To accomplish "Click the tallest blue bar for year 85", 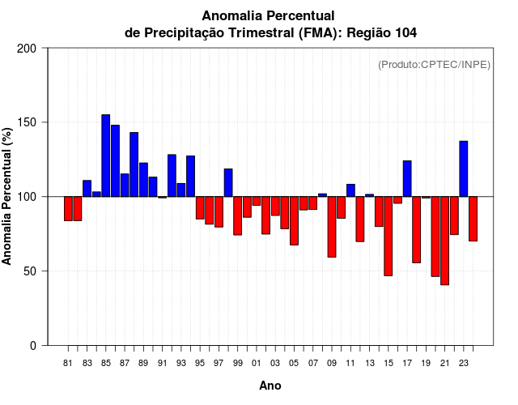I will [106, 156].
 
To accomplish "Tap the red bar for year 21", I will [444, 241].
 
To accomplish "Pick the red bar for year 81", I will [69, 208].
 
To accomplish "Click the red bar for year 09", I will [332, 227].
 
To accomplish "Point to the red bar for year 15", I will [388, 236].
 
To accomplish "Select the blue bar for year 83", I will [87, 188].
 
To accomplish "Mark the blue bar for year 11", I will [350, 190].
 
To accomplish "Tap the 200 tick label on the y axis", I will [28, 49].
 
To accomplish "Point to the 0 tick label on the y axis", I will [34, 346].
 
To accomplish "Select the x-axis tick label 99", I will [237, 364].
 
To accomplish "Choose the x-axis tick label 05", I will [294, 364].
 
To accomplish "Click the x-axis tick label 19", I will [426, 364].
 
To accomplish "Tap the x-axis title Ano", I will [270, 386].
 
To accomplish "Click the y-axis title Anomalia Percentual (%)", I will [8, 196].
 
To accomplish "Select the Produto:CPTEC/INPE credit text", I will [435, 65].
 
